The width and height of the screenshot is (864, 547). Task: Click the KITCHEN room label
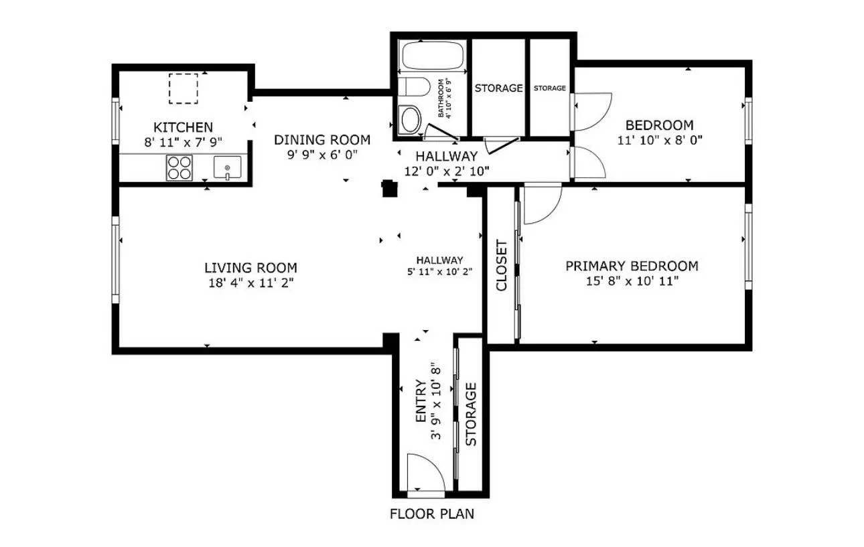(183, 127)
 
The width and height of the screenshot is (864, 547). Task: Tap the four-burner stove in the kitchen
(179, 167)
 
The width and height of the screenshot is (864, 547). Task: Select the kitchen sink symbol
(227, 167)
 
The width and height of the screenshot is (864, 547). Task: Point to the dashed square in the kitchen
(183, 89)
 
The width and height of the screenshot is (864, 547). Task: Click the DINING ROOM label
(322, 140)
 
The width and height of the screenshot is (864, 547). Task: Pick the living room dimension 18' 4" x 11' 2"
(250, 283)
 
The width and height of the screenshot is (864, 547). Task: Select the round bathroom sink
(411, 119)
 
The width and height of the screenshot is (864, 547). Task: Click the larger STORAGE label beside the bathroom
(498, 88)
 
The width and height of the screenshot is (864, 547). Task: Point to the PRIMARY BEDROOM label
(632, 266)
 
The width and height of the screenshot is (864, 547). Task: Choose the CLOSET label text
(502, 265)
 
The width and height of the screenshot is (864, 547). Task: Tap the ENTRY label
(421, 401)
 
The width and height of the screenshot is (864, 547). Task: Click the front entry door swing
(425, 474)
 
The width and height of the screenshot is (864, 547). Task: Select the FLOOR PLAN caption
(432, 514)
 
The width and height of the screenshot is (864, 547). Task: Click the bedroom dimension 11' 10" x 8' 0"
(659, 141)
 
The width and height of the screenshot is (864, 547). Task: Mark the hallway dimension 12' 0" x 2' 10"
(447, 171)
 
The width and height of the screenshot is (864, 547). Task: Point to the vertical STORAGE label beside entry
(471, 414)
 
